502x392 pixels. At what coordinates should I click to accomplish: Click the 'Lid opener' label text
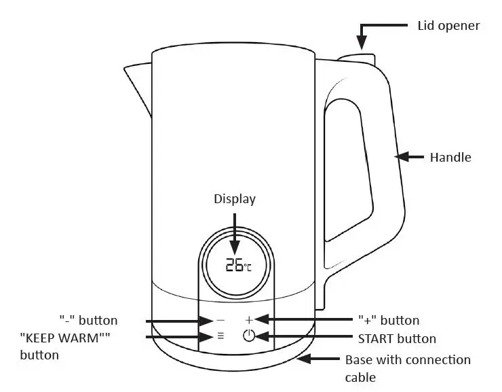click(x=448, y=26)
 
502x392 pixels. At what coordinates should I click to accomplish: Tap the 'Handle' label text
click(x=450, y=157)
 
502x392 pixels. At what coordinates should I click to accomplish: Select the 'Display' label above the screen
click(x=235, y=199)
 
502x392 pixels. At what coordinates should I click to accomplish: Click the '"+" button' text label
click(x=388, y=320)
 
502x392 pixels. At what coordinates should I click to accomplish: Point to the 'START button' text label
click(x=396, y=338)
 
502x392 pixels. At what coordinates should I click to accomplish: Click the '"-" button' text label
click(x=88, y=320)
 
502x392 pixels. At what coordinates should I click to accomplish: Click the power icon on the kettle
click(x=249, y=336)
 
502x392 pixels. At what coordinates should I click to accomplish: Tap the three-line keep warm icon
click(x=220, y=336)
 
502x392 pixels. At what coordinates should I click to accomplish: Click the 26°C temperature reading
click(x=238, y=265)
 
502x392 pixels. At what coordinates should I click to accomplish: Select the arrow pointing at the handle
click(x=410, y=157)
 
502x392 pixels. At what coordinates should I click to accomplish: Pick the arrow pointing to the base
click(x=319, y=359)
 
